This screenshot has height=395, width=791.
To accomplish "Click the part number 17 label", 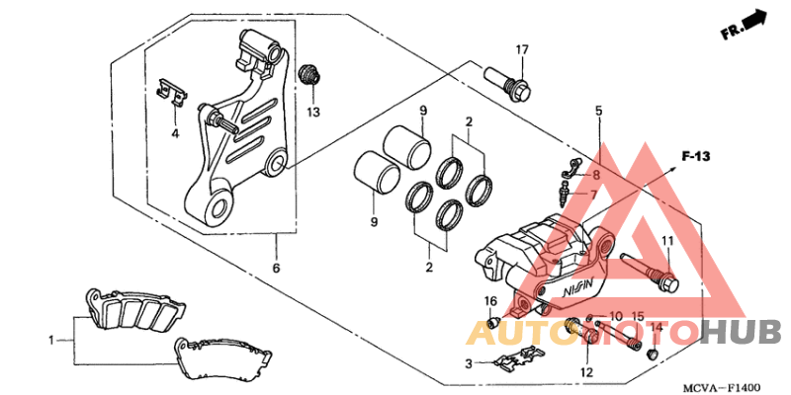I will coord(522,50).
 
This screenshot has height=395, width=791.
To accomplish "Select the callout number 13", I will coord(312,113).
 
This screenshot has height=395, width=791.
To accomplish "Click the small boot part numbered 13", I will coord(310,75).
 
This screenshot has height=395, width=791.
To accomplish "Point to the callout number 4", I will coord(174,132).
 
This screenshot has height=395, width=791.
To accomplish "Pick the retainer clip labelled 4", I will coord(173,92).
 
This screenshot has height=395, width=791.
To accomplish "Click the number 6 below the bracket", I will coord(276,269).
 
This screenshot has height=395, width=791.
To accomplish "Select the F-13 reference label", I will coord(697,156).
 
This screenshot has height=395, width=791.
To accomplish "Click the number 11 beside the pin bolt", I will coord(667,242).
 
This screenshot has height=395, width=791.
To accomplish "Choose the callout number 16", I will coord(490,300).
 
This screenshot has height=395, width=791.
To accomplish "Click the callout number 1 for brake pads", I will coord(52,341).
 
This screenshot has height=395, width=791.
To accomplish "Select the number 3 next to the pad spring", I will coord(471,363).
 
